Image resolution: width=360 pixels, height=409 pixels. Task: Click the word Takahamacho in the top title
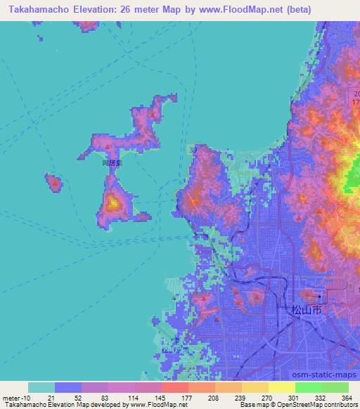(37, 9)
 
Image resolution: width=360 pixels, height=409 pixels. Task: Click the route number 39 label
(193, 150)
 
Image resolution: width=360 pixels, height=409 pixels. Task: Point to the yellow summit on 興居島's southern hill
(112, 204)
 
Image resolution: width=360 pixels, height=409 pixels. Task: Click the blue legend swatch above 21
(68, 387)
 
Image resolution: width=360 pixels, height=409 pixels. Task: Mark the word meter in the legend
(11, 397)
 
